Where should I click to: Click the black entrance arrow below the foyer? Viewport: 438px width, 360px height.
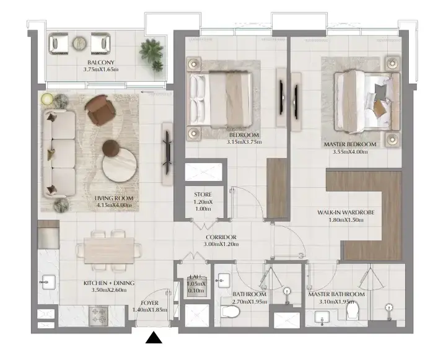pos(154,337)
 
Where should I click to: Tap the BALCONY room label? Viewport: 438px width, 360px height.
pos(100,63)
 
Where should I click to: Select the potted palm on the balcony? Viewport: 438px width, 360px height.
pos(152,55)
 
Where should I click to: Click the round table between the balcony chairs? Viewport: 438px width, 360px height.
pos(79,43)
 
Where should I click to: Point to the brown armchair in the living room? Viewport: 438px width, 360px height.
pos(100,109)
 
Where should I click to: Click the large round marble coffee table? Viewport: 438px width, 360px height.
pos(120,164)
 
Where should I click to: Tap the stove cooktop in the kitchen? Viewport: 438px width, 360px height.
pos(98,316)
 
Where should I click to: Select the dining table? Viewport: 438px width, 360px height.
pos(109,250)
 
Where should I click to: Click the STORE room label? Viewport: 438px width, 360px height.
pos(203,195)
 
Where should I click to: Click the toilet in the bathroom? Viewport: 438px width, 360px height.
pos(230,312)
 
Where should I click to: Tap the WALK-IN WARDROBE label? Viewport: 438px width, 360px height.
pos(346,213)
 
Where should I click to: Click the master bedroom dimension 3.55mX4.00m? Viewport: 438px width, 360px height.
pos(350,152)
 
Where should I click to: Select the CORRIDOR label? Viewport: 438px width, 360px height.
pos(221,237)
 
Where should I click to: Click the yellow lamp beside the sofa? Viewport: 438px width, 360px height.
pos(47,99)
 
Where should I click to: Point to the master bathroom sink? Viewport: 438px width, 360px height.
pos(322,317)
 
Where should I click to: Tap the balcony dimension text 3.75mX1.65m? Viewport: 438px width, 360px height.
pos(100,69)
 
